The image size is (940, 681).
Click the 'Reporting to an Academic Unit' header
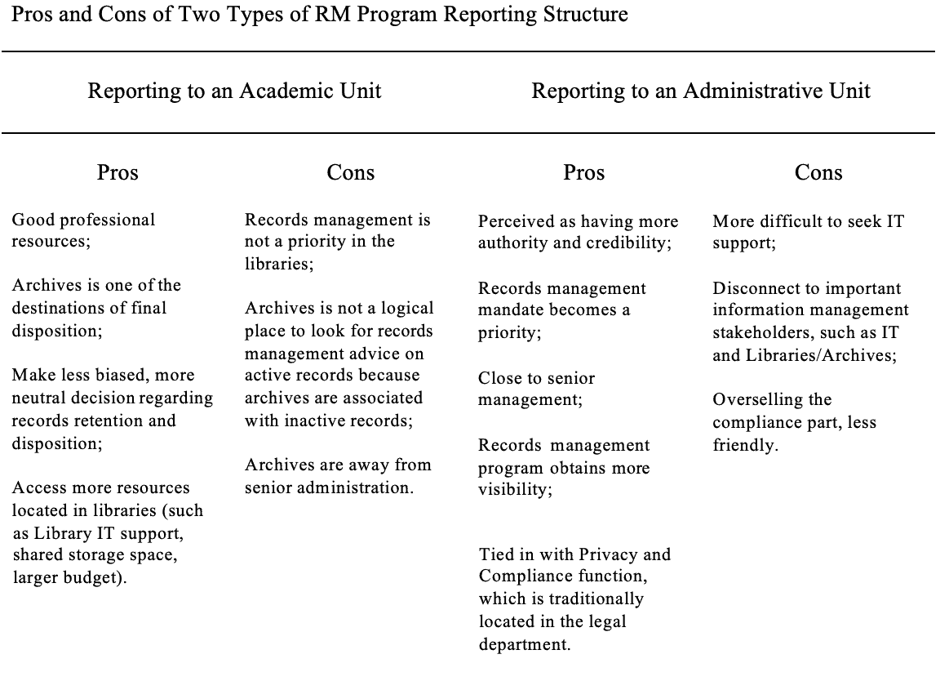coord(234,91)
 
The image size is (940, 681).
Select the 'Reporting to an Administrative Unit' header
coord(701,91)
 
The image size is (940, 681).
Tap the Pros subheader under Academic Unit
coord(117,172)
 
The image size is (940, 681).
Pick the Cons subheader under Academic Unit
coord(350,172)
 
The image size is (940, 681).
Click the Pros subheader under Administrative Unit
coord(584,172)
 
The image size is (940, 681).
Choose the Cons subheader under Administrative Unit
coord(818,172)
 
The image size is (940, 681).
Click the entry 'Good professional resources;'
coord(83,230)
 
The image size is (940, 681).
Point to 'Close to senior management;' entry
coord(536,389)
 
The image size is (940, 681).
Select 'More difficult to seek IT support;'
coord(808,233)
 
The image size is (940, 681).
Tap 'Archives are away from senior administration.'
coord(338,476)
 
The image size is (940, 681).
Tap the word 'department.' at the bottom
coord(525,643)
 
